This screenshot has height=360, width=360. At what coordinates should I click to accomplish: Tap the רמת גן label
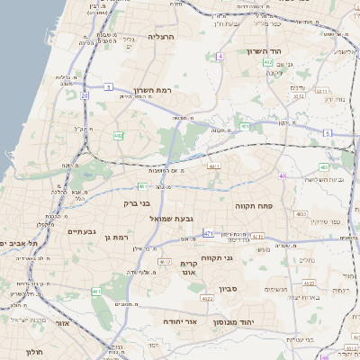pyautogui.click(x=118, y=237)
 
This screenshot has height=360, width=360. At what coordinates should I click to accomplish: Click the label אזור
pyautogui.click(x=63, y=322)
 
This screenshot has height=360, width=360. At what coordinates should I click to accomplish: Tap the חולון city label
pyautogui.click(x=35, y=352)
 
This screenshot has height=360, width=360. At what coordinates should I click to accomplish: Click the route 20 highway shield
pyautogui.click(x=85, y=94)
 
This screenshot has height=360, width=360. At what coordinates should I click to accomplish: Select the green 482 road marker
pyautogui.click(x=119, y=135)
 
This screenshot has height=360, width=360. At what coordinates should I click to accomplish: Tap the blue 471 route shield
pyautogui.click(x=208, y=233)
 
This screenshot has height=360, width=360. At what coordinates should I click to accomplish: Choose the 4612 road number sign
pyautogui.click(x=165, y=262)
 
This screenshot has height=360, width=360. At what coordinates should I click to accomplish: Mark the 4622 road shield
pyautogui.click(x=206, y=298)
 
